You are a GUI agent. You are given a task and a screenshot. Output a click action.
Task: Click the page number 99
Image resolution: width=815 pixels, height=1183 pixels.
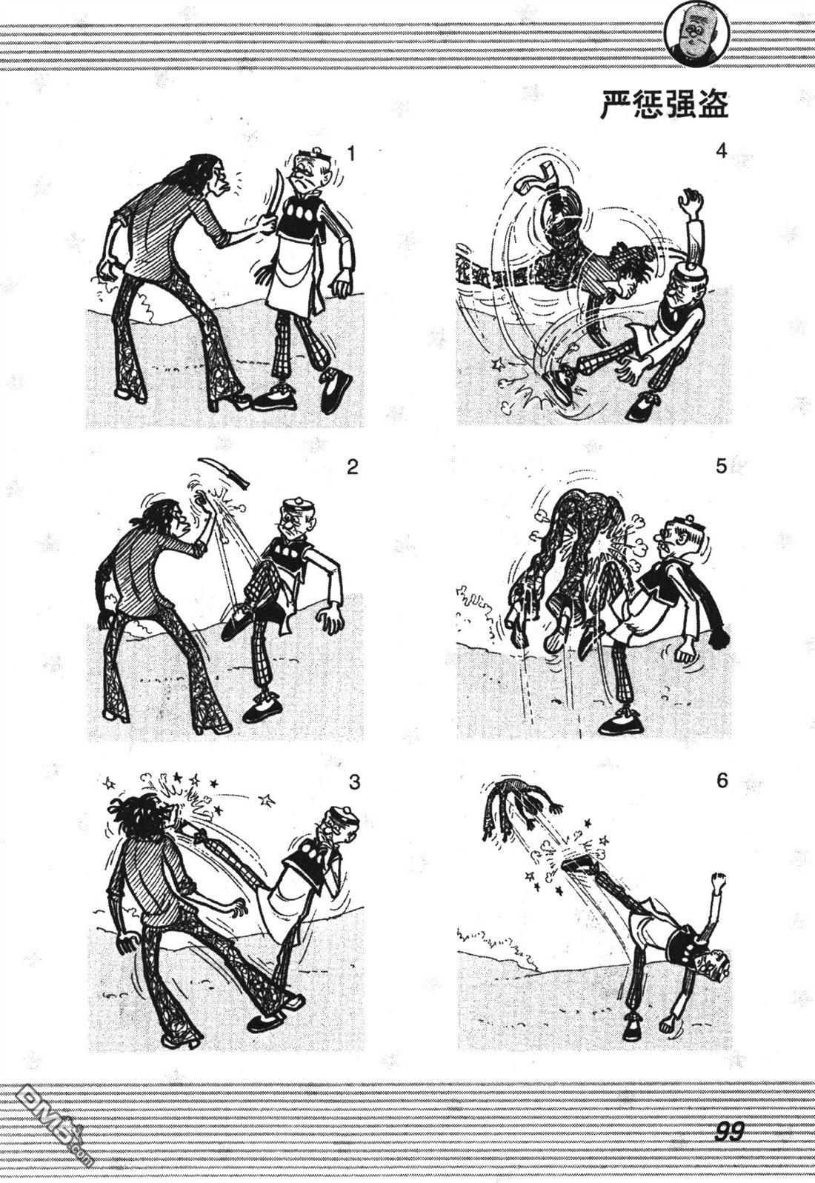[730, 1130]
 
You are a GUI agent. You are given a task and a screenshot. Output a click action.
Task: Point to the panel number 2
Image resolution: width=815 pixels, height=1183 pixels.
[352, 467]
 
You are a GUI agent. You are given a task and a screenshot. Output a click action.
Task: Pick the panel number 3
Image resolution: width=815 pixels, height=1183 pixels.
[354, 782]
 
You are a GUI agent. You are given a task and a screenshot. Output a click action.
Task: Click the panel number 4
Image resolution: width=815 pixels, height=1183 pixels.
[722, 152]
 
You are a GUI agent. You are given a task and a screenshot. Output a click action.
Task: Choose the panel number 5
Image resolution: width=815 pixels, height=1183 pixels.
[722, 467]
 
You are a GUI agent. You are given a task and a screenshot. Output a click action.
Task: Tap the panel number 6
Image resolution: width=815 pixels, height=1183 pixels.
[723, 781]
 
